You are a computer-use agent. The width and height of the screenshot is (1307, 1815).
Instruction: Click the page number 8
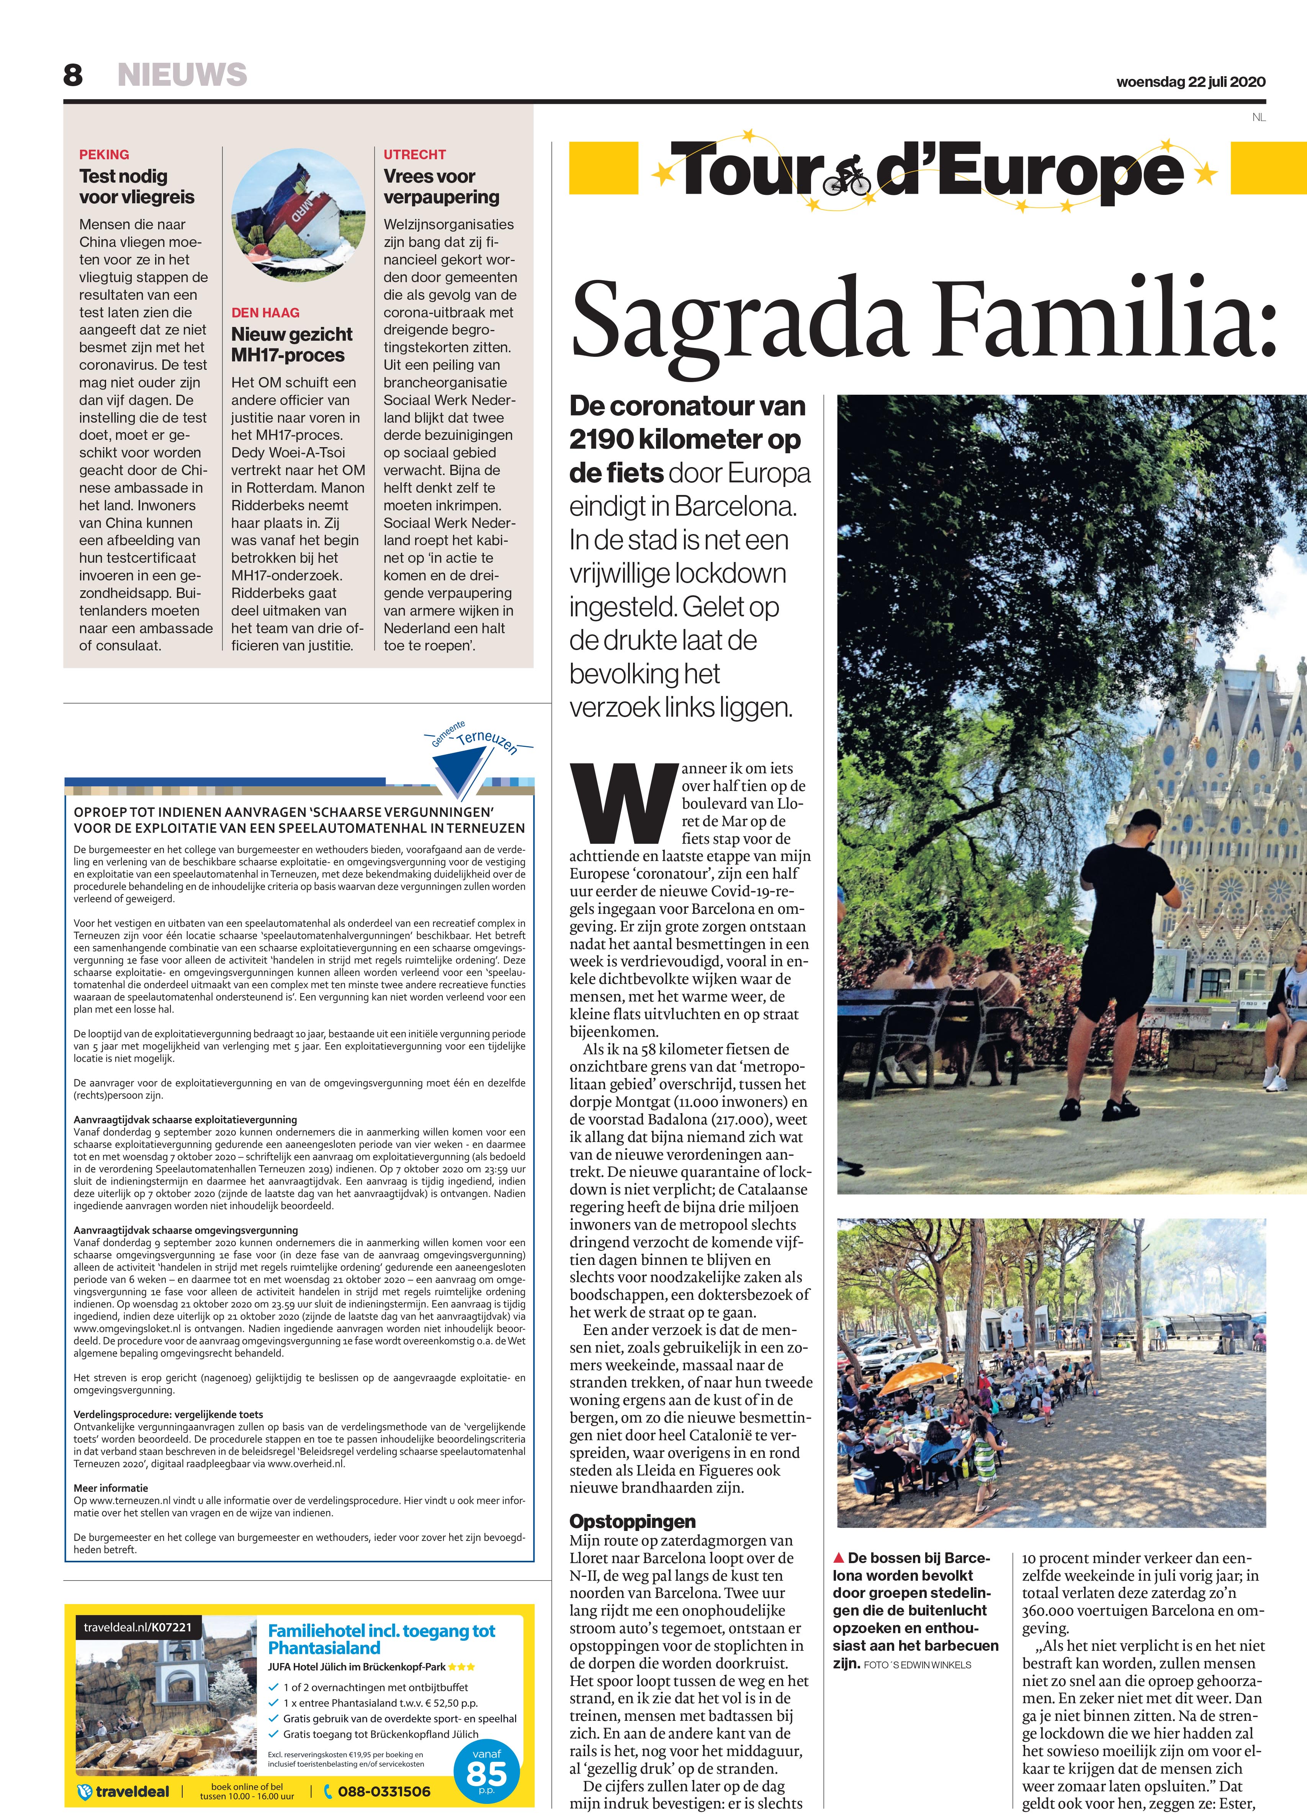coord(73,75)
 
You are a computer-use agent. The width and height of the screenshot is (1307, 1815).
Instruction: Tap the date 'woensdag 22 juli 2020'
coord(1191,82)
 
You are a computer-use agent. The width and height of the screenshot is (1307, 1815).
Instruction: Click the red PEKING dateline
coord(104,154)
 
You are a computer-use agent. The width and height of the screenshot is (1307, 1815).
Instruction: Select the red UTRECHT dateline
coord(415,154)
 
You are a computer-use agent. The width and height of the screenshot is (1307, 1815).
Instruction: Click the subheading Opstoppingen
coord(632,1521)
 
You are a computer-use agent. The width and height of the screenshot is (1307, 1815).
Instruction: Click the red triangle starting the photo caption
coord(839,1557)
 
